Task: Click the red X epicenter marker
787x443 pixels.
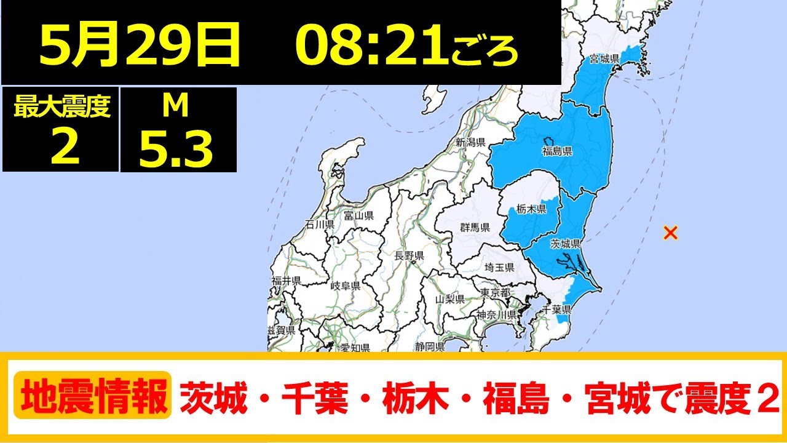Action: [671, 233]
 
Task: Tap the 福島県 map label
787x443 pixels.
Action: [557, 151]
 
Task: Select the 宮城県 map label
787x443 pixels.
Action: [604, 59]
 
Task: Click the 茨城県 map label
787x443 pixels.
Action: [566, 244]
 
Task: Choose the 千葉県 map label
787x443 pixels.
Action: [559, 309]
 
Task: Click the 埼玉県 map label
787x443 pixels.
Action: [499, 267]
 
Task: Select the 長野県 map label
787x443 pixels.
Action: [409, 255]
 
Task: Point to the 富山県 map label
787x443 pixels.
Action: [358, 216]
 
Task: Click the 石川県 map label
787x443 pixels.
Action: [320, 225]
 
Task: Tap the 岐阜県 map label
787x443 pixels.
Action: [344, 286]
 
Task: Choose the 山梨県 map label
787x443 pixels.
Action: [449, 299]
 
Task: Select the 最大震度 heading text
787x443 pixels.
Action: [61, 108]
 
